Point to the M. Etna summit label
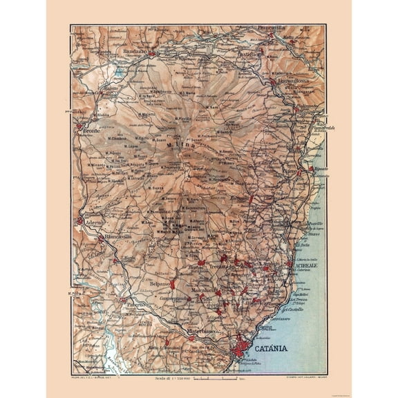[x=178, y=145]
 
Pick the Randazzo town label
[x=136, y=51]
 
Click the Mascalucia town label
[x=205, y=291]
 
